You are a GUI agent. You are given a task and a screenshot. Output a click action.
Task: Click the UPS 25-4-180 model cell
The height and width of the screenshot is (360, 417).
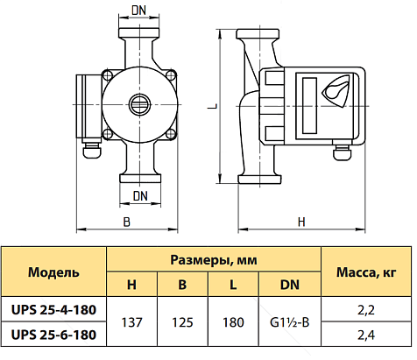point(53,309)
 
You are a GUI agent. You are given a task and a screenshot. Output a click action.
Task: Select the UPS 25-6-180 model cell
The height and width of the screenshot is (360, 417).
point(53,335)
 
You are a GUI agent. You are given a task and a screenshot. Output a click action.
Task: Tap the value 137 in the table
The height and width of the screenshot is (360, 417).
point(131,322)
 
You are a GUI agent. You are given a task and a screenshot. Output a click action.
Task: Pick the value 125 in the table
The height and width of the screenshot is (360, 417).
point(182,322)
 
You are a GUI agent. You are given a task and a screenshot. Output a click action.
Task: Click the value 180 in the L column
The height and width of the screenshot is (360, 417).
point(233,322)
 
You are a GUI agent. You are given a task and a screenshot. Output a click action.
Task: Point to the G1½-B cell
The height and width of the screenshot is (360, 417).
point(290,322)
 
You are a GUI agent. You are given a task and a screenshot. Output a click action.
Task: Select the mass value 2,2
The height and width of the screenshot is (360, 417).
point(366,310)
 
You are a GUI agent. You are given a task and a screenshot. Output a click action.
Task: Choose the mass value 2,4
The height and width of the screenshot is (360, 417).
point(366,335)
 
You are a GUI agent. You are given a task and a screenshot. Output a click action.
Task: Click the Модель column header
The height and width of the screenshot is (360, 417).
point(53,272)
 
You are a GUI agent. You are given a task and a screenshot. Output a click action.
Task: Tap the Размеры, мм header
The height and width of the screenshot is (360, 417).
point(214,260)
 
